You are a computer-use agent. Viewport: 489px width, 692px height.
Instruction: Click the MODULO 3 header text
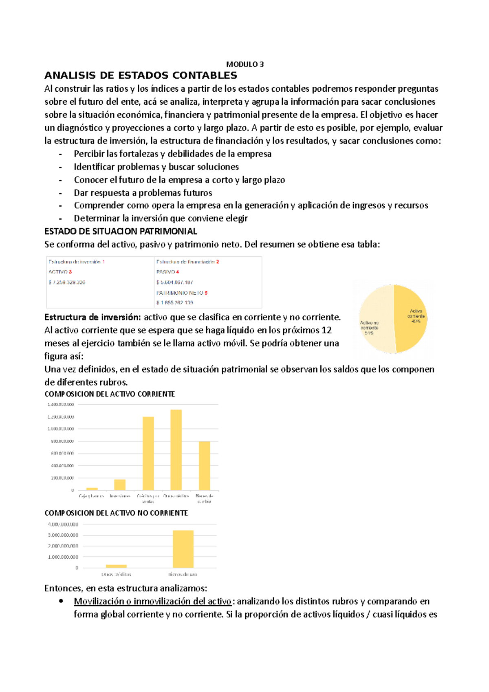click(x=245, y=64)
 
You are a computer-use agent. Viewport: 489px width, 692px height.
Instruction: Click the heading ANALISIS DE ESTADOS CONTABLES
click(x=141, y=75)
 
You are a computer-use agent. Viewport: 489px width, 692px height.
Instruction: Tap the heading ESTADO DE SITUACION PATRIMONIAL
click(x=121, y=231)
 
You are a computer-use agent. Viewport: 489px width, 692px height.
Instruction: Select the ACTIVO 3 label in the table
click(x=60, y=272)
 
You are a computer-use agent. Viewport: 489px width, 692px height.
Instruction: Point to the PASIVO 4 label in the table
click(x=167, y=272)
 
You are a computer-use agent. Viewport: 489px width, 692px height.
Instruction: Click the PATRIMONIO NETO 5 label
click(x=182, y=293)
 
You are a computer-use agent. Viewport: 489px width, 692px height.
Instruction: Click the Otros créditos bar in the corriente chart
click(x=176, y=450)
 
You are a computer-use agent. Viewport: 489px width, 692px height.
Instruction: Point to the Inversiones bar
click(x=120, y=485)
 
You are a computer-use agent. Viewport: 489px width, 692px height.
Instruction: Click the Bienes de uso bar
click(x=183, y=549)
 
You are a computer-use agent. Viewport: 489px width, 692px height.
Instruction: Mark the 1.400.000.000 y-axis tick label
click(x=61, y=405)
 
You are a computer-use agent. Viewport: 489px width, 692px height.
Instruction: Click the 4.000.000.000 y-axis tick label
click(x=63, y=525)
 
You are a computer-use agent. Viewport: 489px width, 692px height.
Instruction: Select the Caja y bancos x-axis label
click(x=91, y=496)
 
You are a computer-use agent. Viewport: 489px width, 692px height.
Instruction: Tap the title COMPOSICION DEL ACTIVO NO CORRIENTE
click(x=116, y=513)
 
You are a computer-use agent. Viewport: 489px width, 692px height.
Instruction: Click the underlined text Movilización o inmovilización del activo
click(x=153, y=602)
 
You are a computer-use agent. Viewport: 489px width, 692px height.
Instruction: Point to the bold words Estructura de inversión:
click(x=93, y=317)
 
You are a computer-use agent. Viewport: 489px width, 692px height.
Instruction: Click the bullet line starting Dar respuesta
click(x=143, y=193)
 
